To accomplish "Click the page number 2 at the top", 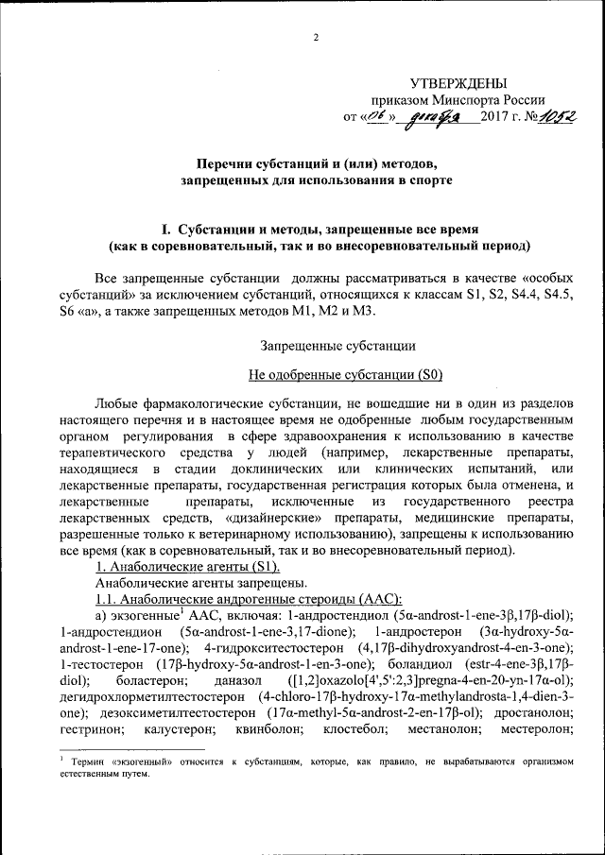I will click(316, 37).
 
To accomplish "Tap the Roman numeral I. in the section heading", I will click(167, 230).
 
